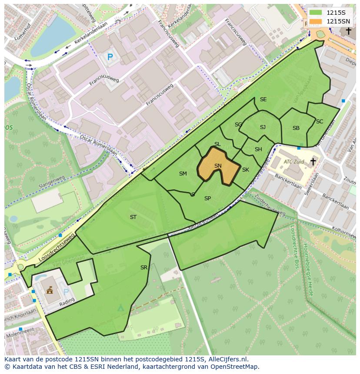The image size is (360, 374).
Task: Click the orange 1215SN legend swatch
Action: (x=316, y=21)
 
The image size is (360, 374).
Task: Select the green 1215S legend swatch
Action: (x=316, y=13)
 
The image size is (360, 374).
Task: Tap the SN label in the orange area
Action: (x=218, y=166)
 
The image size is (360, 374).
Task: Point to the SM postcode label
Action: (x=183, y=174)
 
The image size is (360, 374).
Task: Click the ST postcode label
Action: (x=133, y=217)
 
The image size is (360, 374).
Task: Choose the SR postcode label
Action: (x=144, y=268)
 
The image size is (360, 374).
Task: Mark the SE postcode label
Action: (x=263, y=99)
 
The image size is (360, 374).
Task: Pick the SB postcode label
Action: (x=296, y=128)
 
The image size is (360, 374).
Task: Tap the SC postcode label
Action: (x=320, y=122)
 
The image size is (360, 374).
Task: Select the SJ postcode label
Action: (x=263, y=127)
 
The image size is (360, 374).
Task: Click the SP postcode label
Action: (x=207, y=199)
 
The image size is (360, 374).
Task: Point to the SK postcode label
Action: (x=246, y=170)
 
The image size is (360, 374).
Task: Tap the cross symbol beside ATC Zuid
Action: (x=313, y=162)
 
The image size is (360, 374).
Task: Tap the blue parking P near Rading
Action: (x=66, y=292)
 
